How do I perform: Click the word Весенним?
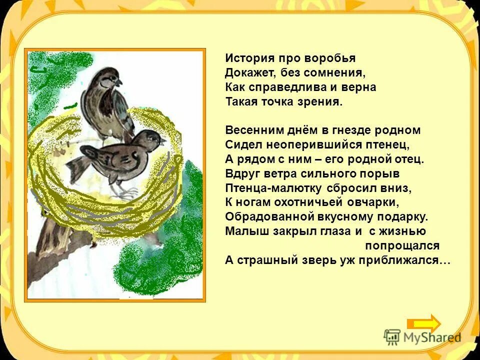[x=248, y=130]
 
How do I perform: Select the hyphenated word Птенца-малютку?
[x=274, y=188]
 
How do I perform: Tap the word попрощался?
[x=402, y=246]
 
